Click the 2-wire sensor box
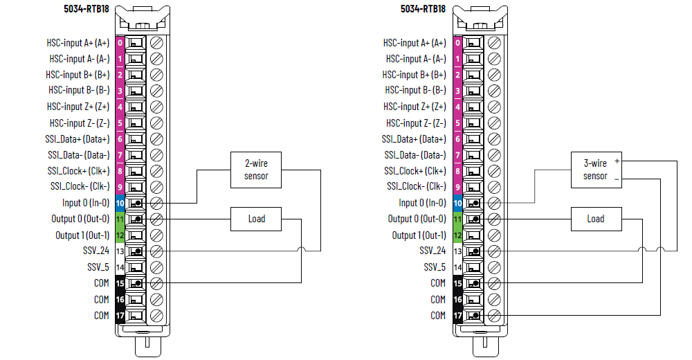(256, 170)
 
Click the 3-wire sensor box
(595, 170)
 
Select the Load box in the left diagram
(257, 219)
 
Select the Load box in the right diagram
(595, 219)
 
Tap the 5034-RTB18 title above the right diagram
(421, 9)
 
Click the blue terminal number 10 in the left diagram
(120, 203)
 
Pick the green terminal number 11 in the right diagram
(457, 219)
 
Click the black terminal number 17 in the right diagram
(457, 316)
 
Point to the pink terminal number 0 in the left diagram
(120, 43)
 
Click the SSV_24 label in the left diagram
(95, 251)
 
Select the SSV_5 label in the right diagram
(434, 267)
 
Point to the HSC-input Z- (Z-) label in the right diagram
(416, 123)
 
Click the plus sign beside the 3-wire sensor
(616, 161)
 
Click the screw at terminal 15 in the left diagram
(156, 283)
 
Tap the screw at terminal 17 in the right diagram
(494, 316)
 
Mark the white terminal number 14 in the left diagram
(120, 267)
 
